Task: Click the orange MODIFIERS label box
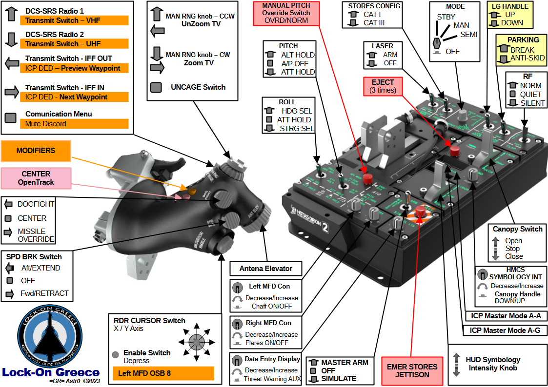(36, 151)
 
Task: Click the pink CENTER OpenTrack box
(36, 178)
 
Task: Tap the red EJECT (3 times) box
(382, 86)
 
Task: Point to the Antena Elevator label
(266, 269)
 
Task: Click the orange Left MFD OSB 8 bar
(163, 374)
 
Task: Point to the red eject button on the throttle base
(455, 150)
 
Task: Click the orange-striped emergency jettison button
(420, 212)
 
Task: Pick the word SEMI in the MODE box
(468, 34)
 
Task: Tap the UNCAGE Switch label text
(198, 87)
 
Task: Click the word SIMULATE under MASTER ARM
(339, 379)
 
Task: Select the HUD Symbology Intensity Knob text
(493, 364)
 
